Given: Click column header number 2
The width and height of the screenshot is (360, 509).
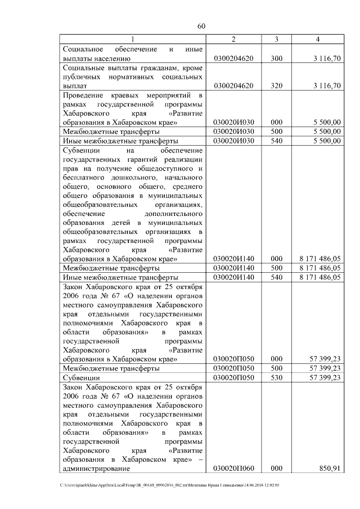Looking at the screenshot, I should [x=233, y=39].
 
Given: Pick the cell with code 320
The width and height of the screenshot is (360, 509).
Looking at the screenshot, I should [x=276, y=86].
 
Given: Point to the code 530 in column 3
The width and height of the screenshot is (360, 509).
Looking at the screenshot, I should [x=276, y=377].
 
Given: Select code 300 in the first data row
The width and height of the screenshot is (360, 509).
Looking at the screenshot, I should [x=276, y=58].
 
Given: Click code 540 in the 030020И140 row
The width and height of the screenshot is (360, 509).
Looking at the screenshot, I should [x=276, y=277].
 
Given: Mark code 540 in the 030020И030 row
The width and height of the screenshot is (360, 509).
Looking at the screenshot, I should [x=276, y=141].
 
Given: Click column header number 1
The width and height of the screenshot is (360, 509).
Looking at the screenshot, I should [x=133, y=39].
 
